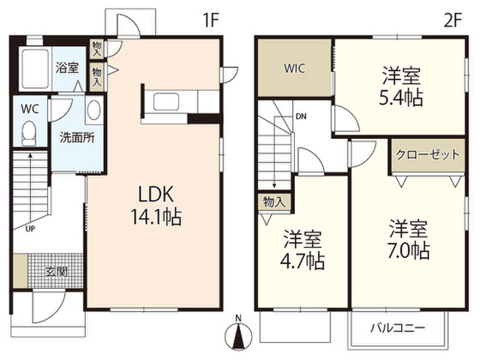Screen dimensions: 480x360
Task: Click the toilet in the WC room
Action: tap(29, 133)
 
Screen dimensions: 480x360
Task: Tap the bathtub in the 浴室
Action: tap(35, 68)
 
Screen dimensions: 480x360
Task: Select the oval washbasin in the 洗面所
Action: tap(94, 110)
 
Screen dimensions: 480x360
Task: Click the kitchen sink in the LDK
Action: tap(166, 102)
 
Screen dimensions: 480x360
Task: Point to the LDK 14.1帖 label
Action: tap(156, 205)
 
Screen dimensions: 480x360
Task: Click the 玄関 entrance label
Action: tap(56, 271)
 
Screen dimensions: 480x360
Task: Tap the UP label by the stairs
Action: tap(30, 229)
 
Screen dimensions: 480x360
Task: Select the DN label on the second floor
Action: tap(301, 116)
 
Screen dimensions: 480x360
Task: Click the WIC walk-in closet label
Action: tap(294, 68)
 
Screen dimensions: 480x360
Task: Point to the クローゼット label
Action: tap(427, 155)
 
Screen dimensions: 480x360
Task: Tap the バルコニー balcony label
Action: tap(398, 328)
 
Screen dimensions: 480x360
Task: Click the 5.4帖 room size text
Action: tap(401, 98)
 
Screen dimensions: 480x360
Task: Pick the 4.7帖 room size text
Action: tap(302, 262)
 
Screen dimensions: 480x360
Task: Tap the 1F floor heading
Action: tap(210, 20)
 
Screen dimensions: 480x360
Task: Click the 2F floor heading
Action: tap(452, 20)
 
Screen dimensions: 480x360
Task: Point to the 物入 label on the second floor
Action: tap(274, 202)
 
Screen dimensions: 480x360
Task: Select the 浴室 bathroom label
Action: tap(67, 67)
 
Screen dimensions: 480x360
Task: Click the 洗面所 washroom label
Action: tap(77, 138)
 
